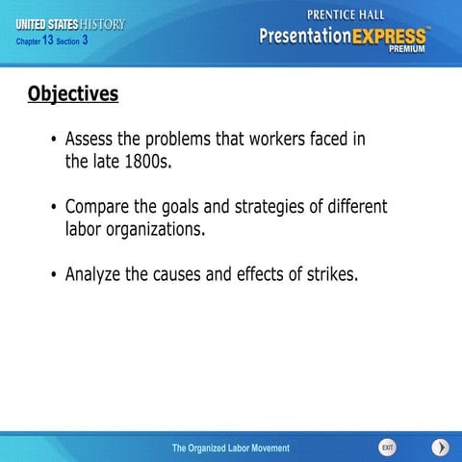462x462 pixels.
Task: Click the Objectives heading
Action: click(73, 94)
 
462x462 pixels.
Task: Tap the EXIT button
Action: click(387, 448)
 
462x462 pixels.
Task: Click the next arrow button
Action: click(439, 448)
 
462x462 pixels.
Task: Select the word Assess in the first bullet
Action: click(90, 140)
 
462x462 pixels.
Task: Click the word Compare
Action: click(99, 207)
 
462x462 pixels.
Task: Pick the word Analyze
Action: click(93, 274)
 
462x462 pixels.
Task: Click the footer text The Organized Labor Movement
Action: click(230, 449)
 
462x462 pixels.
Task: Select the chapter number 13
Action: click(48, 40)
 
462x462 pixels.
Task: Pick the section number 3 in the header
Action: click(86, 40)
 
